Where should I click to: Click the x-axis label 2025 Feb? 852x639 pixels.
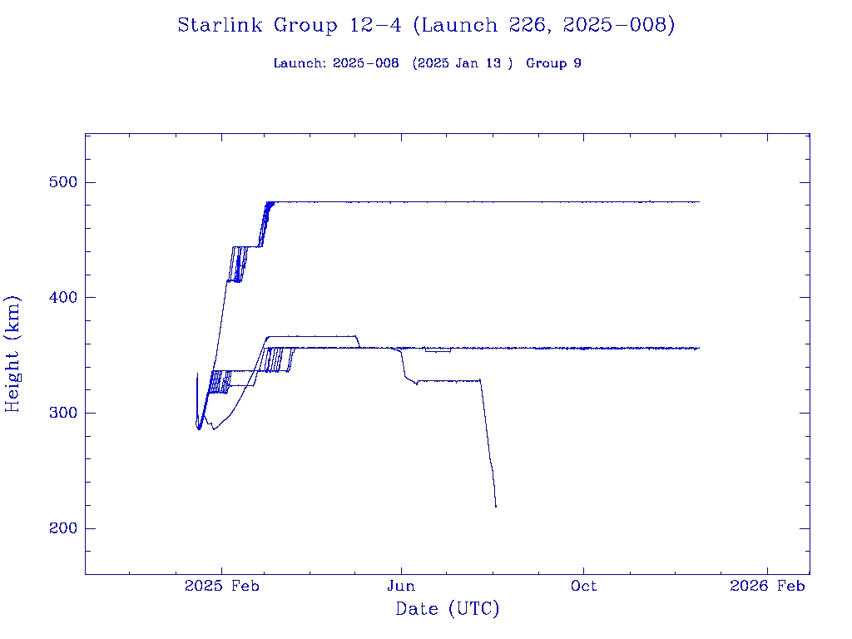pos(220,586)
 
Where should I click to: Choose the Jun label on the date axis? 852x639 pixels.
pos(401,586)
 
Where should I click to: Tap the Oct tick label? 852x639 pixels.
pos(583,586)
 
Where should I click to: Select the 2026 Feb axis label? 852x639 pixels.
pos(767,586)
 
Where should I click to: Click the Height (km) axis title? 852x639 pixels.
pos(12,354)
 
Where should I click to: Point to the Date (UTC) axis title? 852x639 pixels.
pos(447,609)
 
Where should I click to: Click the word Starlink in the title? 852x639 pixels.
pos(220,25)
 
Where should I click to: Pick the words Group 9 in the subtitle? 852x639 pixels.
pos(553,63)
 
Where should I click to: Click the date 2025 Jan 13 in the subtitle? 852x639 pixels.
pos(463,63)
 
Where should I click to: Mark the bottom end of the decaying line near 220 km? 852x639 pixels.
pos(496,506)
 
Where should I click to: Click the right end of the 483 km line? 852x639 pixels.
pos(699,201)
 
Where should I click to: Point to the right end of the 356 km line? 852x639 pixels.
pos(699,348)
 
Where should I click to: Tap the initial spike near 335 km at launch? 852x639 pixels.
pos(197,374)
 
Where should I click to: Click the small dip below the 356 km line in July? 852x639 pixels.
pos(438,351)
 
